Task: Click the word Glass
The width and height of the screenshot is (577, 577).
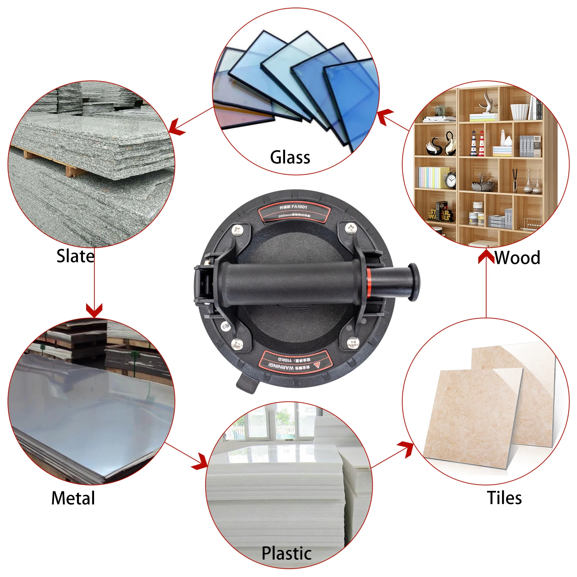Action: pos(290,157)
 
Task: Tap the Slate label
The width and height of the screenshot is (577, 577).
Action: pos(75,256)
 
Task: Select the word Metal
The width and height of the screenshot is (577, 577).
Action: pos(73,498)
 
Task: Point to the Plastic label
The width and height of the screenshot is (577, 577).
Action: pos(287,553)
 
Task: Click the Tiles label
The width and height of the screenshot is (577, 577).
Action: pos(504,498)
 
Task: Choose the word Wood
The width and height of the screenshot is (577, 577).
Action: pos(517,258)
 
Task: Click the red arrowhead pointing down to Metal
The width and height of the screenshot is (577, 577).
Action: pos(94,310)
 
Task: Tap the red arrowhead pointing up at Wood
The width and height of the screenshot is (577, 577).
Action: pos(486,256)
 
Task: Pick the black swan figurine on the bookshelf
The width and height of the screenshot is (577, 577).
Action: pos(432,146)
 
